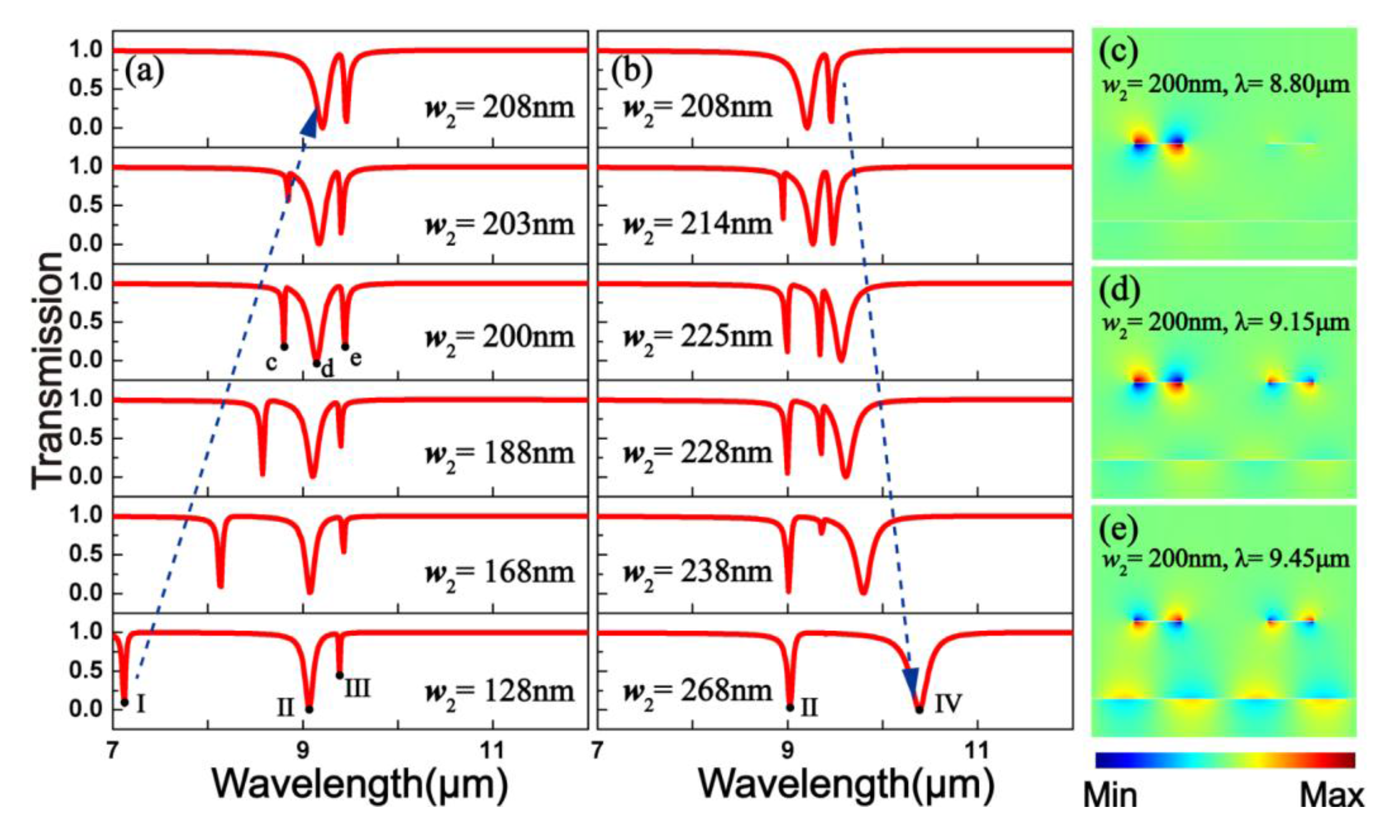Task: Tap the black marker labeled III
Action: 339,675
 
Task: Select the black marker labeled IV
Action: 919,710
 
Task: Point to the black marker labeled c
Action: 284,346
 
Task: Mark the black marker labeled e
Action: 345,346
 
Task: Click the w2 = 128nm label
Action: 500,692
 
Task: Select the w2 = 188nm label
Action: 500,453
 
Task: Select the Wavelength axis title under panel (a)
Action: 360,784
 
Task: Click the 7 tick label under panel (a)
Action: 114,749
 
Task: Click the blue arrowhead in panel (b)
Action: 911,682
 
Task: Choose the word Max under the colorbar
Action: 1331,796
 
